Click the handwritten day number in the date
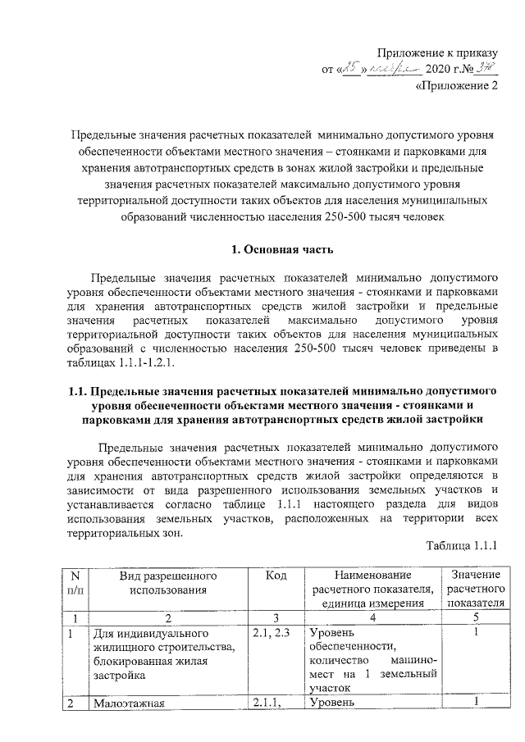(350, 70)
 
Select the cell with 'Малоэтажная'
(130, 702)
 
